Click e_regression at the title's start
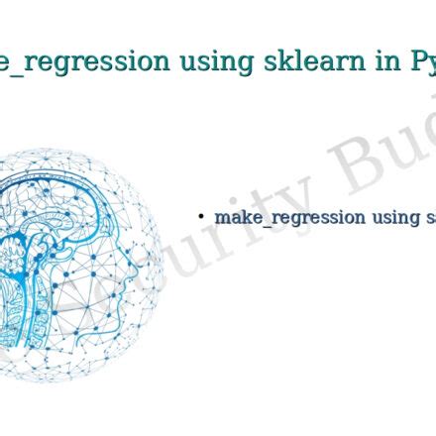pyautogui.click(x=83, y=62)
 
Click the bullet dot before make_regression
pyautogui.click(x=201, y=215)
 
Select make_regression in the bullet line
pyautogui.click(x=289, y=217)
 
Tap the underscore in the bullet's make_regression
pyautogui.click(x=256, y=224)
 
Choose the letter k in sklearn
pyautogui.click(x=268, y=61)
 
